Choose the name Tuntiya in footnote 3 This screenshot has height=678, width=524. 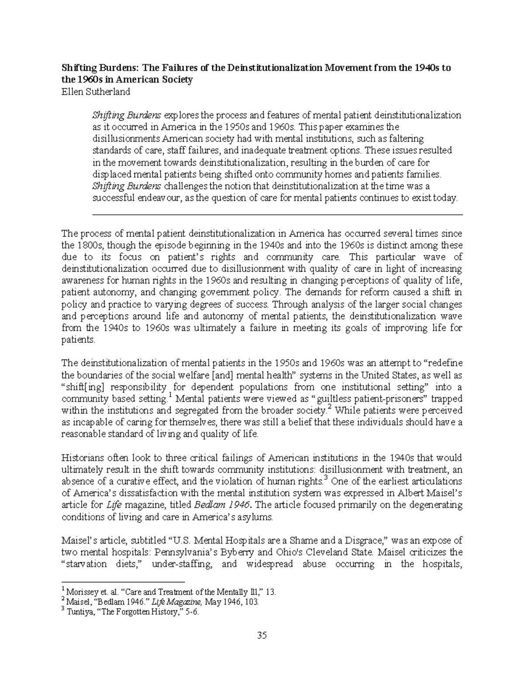click(79, 612)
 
